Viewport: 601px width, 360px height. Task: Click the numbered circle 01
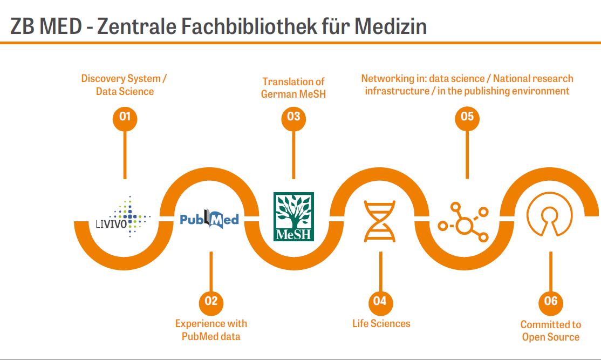pos(125,117)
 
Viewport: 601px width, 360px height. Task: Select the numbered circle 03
pos(293,117)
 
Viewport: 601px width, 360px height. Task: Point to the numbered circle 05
pos(467,117)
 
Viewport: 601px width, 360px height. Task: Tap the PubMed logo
pos(209,219)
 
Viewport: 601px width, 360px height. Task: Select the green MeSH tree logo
pos(293,216)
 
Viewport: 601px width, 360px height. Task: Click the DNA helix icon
pos(380,220)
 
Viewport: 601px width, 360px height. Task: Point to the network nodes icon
pos(463,222)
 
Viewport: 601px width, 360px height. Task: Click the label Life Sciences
pos(381,324)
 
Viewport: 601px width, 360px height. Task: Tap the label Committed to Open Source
pos(550,331)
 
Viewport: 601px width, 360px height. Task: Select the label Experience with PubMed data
pos(211,330)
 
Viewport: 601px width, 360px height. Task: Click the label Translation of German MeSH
pos(293,88)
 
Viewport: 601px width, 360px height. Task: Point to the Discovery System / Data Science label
pos(125,85)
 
